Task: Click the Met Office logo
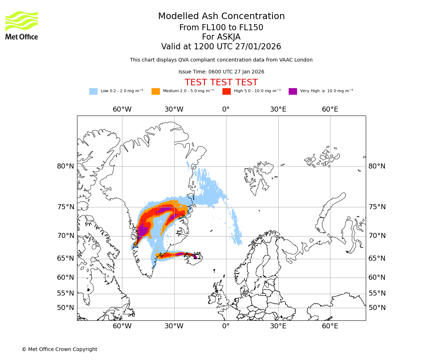22,25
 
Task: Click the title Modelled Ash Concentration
221,17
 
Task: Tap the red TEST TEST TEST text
221,82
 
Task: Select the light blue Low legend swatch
93,91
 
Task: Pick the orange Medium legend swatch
156,91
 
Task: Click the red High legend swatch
226,91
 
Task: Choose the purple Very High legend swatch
293,91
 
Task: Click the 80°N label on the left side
66,166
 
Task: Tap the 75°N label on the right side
377,207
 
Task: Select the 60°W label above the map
122,109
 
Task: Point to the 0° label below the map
226,326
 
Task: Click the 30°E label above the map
278,109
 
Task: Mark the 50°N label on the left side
66,308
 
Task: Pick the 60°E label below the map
330,326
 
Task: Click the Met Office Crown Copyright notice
59,349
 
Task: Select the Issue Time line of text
221,72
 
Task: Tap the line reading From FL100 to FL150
221,28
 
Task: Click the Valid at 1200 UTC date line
221,47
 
